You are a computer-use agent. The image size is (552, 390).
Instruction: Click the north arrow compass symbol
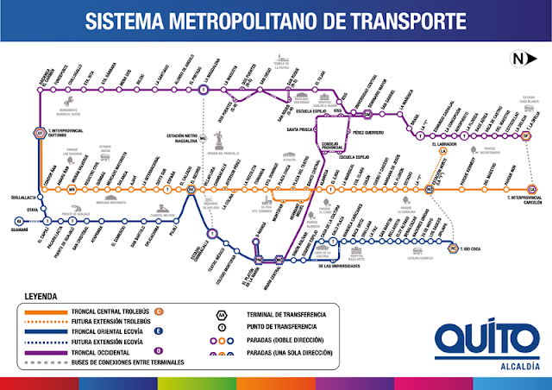click(x=517, y=59)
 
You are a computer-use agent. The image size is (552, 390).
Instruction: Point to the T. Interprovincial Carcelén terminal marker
click(x=531, y=190)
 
